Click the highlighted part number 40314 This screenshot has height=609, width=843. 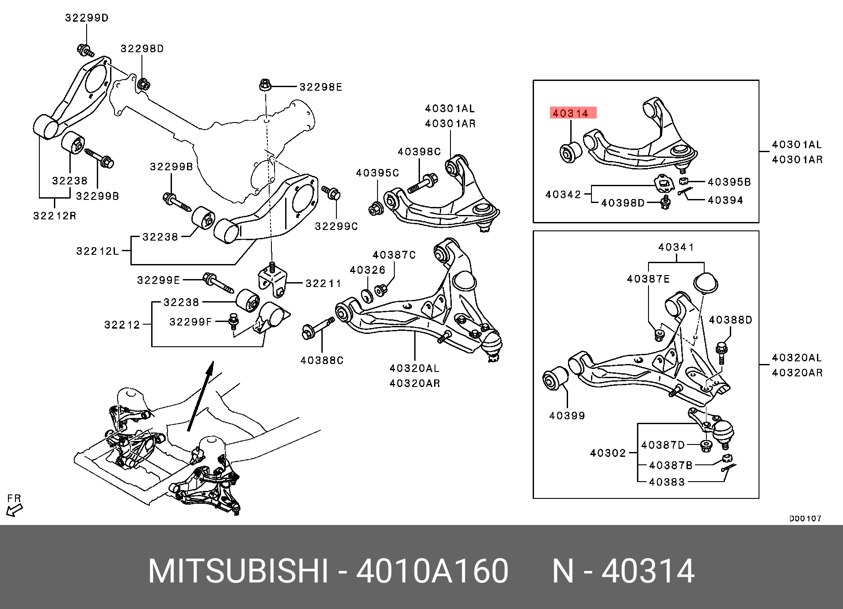(573, 113)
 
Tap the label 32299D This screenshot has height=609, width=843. (87, 18)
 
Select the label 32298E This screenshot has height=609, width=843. (320, 87)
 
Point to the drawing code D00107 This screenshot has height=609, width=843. (805, 519)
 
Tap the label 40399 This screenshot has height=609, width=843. (567, 416)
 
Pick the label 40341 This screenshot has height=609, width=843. (676, 247)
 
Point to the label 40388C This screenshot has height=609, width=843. (322, 360)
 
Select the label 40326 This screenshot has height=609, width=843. (367, 270)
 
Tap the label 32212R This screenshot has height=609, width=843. (55, 216)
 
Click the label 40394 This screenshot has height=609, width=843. (725, 200)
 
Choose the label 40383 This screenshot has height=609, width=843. (667, 482)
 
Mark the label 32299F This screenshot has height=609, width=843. (191, 322)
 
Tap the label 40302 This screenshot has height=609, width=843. (608, 453)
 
